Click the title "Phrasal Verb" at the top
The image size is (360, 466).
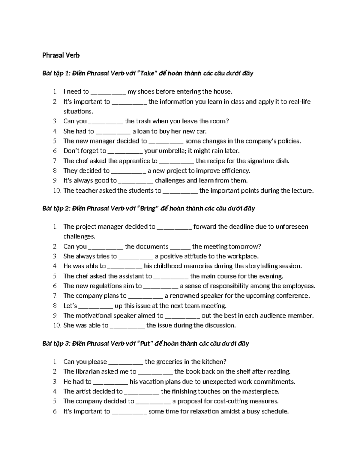click(x=61, y=55)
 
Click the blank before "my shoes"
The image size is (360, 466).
click(x=108, y=92)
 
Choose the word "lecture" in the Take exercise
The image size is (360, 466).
click(x=302, y=191)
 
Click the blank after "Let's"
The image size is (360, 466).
click(x=96, y=306)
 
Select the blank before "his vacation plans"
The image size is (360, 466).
click(x=110, y=382)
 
